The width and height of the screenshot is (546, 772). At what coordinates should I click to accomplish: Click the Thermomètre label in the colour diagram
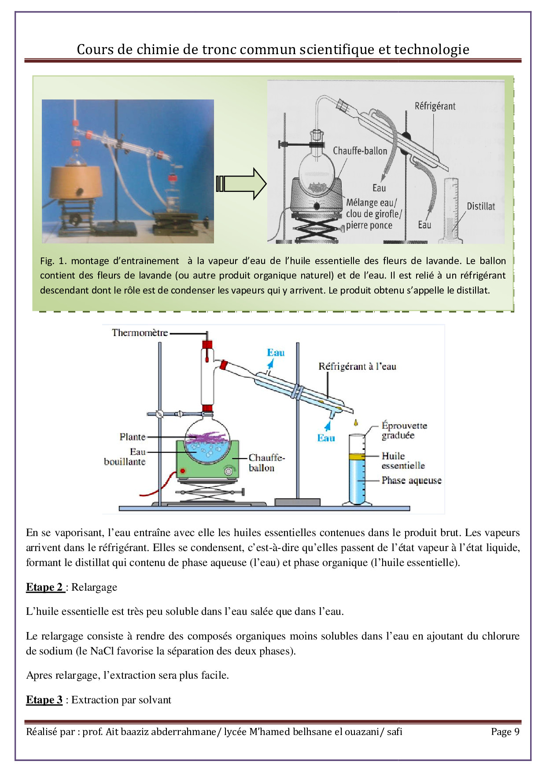(x=140, y=333)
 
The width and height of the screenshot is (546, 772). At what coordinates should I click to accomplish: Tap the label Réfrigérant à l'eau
(x=357, y=367)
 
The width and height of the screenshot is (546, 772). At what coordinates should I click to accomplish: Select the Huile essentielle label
(x=402, y=461)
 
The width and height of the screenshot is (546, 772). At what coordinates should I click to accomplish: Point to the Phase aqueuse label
(x=411, y=481)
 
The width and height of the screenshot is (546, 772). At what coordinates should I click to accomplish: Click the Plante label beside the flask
(x=132, y=437)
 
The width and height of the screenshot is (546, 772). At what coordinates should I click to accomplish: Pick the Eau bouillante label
(x=125, y=457)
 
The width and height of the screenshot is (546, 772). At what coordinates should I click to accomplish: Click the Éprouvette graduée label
(x=404, y=430)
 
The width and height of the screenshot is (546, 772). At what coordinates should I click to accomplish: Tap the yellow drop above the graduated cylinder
(x=356, y=423)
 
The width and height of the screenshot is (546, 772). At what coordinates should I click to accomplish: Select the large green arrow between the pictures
(x=241, y=184)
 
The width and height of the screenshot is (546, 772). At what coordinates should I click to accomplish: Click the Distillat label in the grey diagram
(x=480, y=206)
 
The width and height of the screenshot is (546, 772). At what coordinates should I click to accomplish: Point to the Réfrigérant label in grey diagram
(x=435, y=106)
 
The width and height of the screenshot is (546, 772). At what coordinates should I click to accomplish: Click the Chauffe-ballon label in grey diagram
(x=360, y=151)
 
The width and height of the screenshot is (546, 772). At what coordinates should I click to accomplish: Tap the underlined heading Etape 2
(x=45, y=587)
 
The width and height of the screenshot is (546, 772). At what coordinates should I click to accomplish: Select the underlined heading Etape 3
(x=44, y=700)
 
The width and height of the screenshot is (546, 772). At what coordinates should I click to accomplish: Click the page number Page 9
(x=505, y=732)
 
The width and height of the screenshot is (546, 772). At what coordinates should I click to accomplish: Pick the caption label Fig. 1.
(x=53, y=261)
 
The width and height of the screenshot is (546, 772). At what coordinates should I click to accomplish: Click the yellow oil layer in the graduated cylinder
(x=357, y=457)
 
